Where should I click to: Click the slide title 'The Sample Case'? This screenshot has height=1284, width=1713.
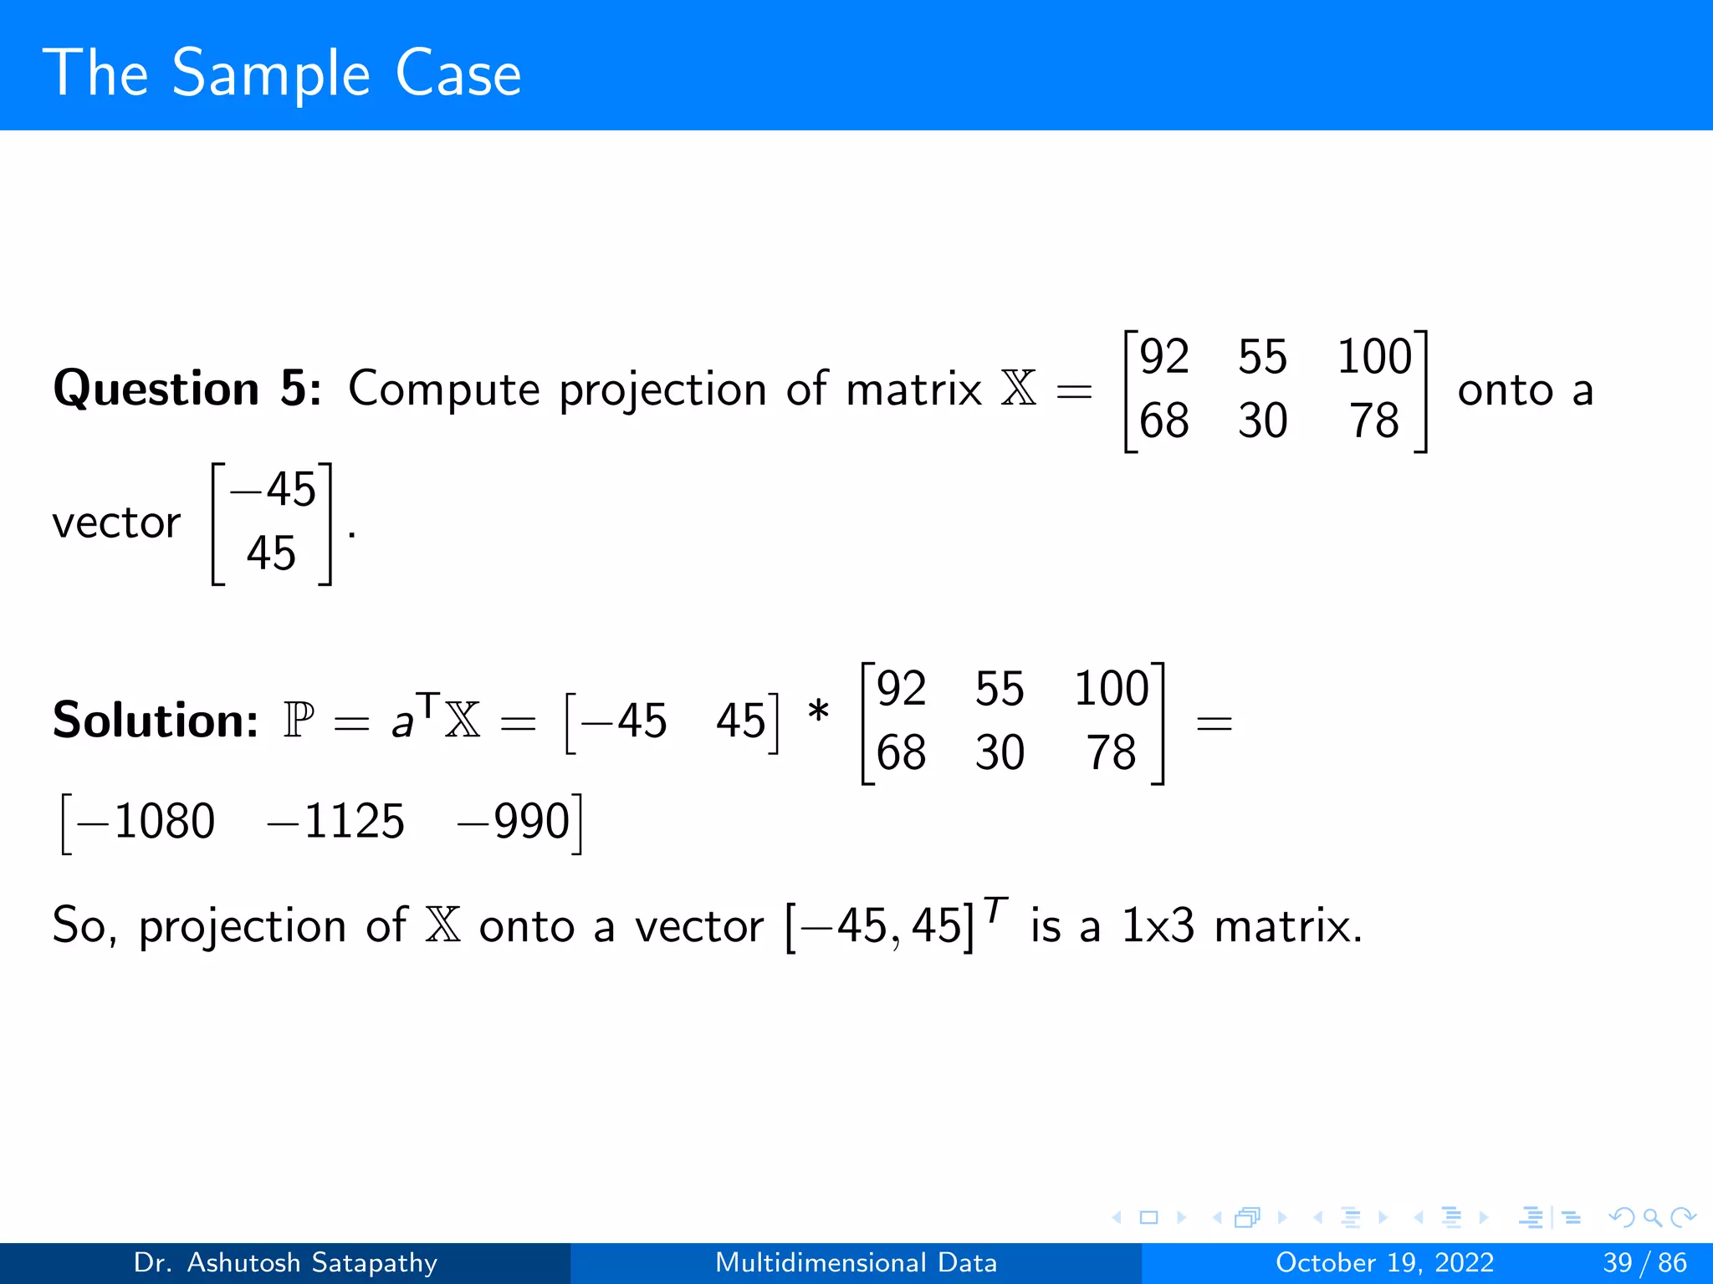point(282,74)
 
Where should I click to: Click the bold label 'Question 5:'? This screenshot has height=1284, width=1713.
point(187,390)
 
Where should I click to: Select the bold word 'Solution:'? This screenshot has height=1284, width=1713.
point(156,721)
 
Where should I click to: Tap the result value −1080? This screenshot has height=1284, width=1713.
point(146,821)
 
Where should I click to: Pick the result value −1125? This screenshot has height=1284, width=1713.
point(335,821)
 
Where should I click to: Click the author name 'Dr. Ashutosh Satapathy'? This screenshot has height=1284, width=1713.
point(285,1262)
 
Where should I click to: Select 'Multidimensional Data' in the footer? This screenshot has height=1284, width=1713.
point(856,1262)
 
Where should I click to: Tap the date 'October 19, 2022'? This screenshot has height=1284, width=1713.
point(1384,1262)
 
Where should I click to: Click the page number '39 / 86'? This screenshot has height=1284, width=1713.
point(1644,1262)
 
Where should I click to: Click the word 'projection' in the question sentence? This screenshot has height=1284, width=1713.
point(662,391)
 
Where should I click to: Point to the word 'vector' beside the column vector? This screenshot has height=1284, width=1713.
point(116,524)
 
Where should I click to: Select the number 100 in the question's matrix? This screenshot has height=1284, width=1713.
point(1374,357)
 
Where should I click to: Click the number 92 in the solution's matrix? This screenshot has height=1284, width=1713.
point(901,689)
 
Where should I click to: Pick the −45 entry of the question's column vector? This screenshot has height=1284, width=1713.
point(274,490)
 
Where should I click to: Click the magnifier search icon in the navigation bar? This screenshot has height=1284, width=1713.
point(1652,1217)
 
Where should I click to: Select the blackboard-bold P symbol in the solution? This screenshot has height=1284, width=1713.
point(299,721)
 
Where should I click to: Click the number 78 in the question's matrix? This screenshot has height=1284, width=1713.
point(1374,420)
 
